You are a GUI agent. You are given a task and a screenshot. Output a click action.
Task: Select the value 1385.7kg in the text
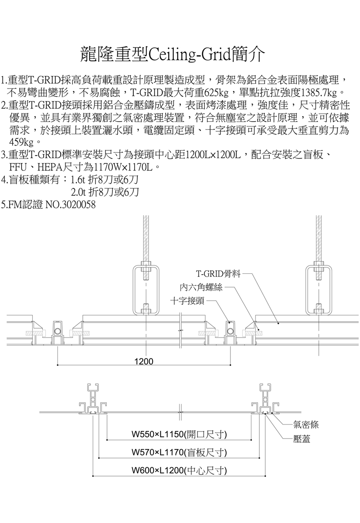click(x=319, y=93)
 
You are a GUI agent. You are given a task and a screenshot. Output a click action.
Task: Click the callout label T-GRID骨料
click(x=218, y=273)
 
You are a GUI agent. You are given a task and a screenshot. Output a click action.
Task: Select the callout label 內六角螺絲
click(x=201, y=287)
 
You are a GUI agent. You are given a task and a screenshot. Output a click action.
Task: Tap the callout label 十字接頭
click(x=187, y=301)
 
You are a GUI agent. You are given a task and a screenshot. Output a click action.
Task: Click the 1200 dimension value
click(x=144, y=361)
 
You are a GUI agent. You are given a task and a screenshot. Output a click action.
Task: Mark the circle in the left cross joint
click(x=58, y=331)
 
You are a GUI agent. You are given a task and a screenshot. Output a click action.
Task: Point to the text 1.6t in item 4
click(x=77, y=180)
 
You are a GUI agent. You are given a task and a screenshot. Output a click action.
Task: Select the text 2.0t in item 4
click(x=77, y=192)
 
